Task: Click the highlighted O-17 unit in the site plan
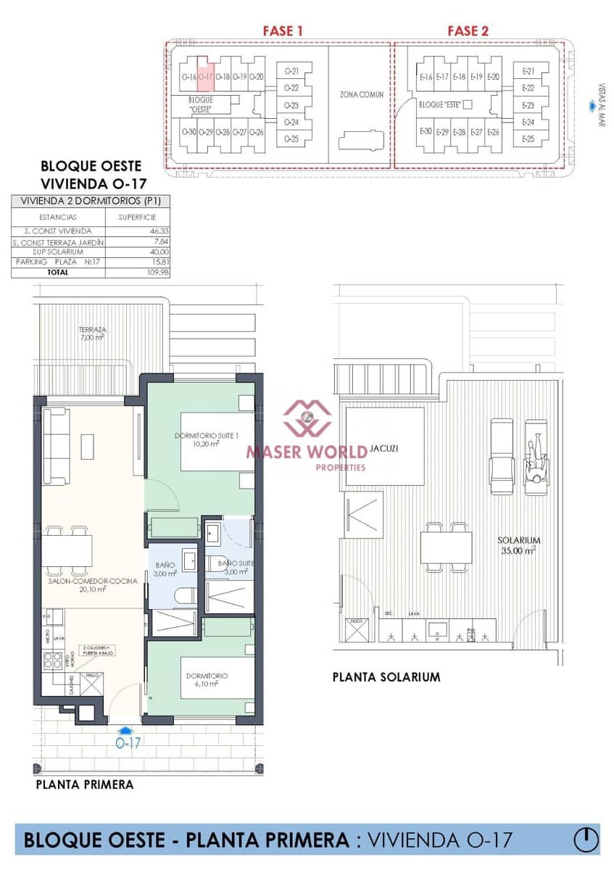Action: pyautogui.click(x=205, y=76)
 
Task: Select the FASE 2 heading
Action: pyautogui.click(x=468, y=30)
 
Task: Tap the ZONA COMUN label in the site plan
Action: pyautogui.click(x=362, y=94)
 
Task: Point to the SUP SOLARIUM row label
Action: pyautogui.click(x=58, y=252)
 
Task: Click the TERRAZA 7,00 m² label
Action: pyautogui.click(x=92, y=333)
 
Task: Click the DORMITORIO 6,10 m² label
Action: pyautogui.click(x=207, y=679)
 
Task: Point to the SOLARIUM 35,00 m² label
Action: pyautogui.click(x=518, y=545)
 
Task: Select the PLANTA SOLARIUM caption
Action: pyautogui.click(x=386, y=677)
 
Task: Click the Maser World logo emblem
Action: pyautogui.click(x=307, y=419)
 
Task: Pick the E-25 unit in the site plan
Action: pyautogui.click(x=528, y=138)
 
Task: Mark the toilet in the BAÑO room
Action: pyautogui.click(x=186, y=595)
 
